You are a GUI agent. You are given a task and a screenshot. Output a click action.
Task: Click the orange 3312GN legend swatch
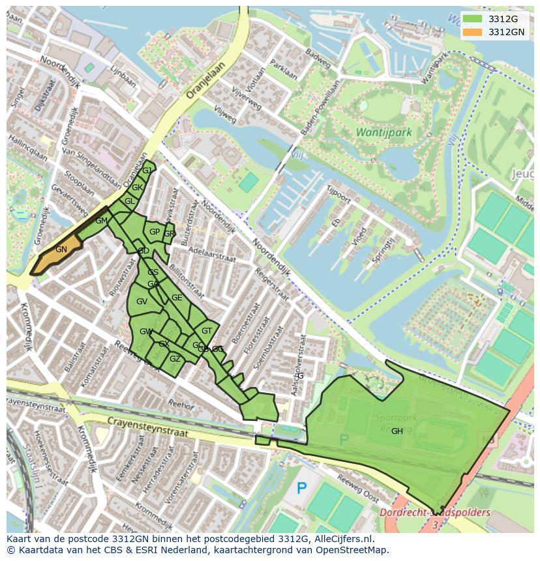point(474,32)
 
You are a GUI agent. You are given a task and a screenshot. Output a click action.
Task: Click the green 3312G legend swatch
point(474,19)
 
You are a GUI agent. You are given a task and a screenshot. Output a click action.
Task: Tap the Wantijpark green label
point(383,132)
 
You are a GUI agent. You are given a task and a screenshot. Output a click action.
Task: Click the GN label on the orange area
point(61,250)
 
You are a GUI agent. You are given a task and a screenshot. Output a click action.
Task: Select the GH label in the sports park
point(397,431)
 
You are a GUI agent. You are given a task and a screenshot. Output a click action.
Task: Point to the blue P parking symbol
point(301,487)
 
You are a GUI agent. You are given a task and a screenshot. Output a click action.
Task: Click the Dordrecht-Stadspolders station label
point(434,513)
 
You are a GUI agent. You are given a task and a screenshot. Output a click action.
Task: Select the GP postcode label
point(155,232)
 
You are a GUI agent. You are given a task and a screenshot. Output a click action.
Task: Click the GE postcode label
point(177,298)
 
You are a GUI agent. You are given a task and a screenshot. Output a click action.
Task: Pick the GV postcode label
point(142,302)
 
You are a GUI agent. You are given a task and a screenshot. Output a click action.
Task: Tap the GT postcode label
point(207,331)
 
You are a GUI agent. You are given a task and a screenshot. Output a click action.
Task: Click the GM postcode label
point(101,221)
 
